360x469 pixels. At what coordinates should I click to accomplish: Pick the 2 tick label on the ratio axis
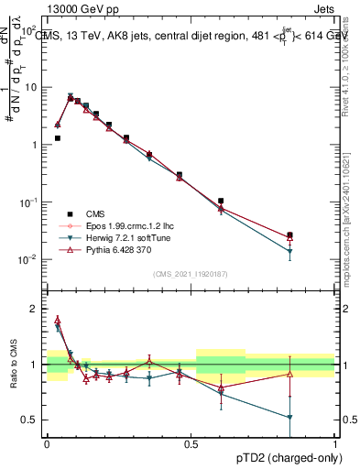click(x=35, y=309)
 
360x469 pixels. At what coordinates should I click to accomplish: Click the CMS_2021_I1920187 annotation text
click(x=190, y=273)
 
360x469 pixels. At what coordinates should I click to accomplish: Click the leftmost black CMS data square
click(x=57, y=138)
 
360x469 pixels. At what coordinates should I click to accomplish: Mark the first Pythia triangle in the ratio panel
click(x=57, y=321)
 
